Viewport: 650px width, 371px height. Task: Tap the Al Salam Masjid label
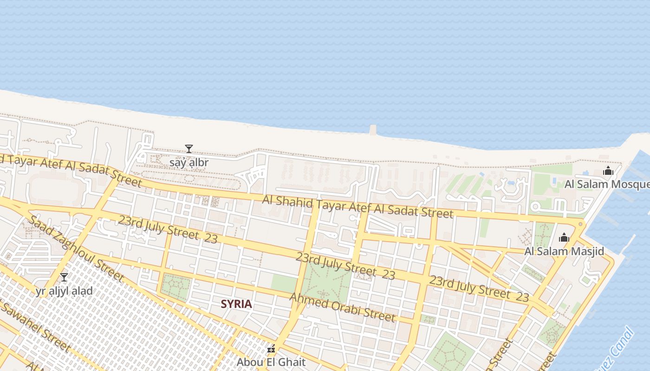pyautogui.click(x=564, y=251)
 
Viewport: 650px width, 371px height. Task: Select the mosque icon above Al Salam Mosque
pyautogui.click(x=608, y=171)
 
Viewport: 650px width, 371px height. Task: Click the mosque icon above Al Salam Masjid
pyautogui.click(x=564, y=238)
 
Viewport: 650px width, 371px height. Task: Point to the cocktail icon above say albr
pyautogui.click(x=189, y=149)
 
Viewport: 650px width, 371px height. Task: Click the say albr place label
pyautogui.click(x=189, y=162)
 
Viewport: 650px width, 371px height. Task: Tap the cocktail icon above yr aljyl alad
pyautogui.click(x=64, y=277)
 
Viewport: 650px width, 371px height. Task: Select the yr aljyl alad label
pyautogui.click(x=64, y=291)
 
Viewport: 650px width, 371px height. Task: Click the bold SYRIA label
pyautogui.click(x=236, y=304)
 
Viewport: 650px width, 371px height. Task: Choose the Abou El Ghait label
pyautogui.click(x=271, y=362)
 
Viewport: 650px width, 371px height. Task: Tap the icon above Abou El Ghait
pyautogui.click(x=271, y=348)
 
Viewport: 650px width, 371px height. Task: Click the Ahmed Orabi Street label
pyautogui.click(x=342, y=307)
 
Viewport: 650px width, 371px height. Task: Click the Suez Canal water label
pyautogui.click(x=617, y=348)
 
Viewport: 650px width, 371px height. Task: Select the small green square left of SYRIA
pyautogui.click(x=175, y=286)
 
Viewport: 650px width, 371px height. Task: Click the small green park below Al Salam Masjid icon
pyautogui.click(x=543, y=234)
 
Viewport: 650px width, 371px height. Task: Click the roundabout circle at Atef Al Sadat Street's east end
pyautogui.click(x=580, y=224)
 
